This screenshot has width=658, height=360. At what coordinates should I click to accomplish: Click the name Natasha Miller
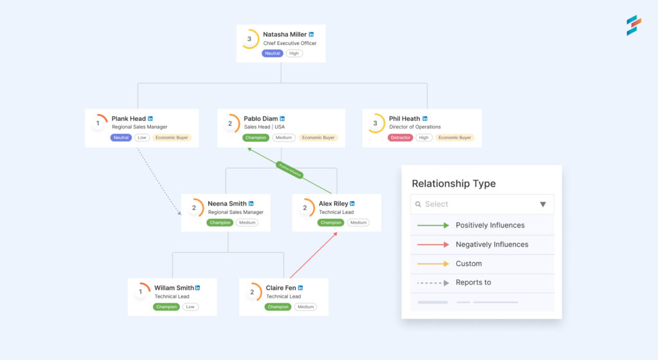(x=285, y=34)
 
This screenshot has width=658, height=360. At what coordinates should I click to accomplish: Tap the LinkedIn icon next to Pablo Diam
(x=282, y=118)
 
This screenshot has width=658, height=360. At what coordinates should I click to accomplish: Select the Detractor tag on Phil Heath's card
(x=400, y=138)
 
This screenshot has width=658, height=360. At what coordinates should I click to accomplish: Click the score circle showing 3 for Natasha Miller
(x=250, y=39)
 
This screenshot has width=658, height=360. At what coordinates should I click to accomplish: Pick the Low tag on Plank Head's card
(x=141, y=138)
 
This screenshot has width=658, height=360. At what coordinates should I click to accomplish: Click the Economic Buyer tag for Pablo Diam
(x=319, y=138)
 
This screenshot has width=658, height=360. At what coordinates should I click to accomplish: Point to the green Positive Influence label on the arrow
(x=289, y=170)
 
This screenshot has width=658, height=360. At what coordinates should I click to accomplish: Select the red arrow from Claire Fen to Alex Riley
(x=314, y=255)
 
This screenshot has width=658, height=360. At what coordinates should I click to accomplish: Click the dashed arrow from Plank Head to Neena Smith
(x=157, y=181)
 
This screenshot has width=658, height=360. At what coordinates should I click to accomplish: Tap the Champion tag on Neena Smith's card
(x=220, y=222)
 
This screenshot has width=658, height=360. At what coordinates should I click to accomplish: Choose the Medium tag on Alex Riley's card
(x=359, y=222)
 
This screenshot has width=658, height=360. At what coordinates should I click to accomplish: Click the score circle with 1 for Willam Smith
(x=141, y=292)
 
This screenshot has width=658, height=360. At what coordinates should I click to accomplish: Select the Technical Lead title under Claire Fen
(x=283, y=296)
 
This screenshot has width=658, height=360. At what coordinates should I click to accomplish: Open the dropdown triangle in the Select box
(x=542, y=204)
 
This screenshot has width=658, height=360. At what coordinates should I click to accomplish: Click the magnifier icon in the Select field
(x=418, y=204)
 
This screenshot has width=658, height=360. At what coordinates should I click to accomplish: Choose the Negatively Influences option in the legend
(x=492, y=244)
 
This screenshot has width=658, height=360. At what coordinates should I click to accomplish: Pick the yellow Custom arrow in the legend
(x=433, y=264)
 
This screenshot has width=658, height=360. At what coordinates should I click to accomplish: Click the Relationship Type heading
(x=454, y=184)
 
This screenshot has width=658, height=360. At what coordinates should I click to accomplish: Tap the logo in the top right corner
(x=634, y=25)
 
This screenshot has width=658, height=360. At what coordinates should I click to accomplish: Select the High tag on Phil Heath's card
(x=424, y=138)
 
